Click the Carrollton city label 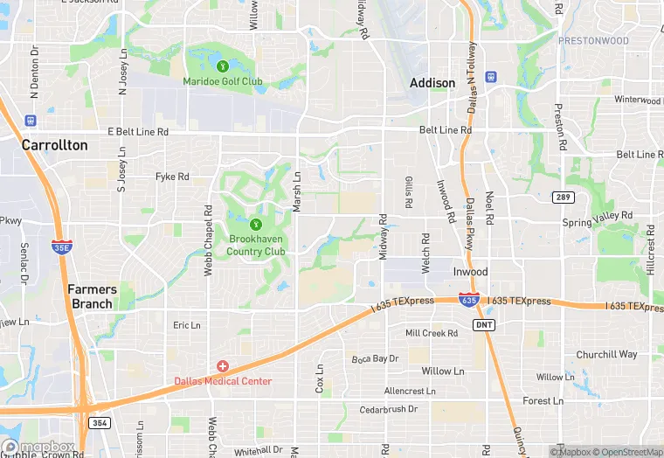point(54,145)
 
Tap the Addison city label point(432,83)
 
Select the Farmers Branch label point(93,296)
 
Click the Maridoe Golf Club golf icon point(222,66)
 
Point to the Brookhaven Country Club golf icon point(257,224)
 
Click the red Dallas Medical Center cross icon point(223,365)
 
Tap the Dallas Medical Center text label point(223,381)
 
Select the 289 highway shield point(564,198)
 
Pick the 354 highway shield point(101,423)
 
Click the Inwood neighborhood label point(470,272)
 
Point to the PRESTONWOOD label point(593,40)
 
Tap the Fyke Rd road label point(172,177)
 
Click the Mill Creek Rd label point(432,333)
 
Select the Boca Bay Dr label point(375,358)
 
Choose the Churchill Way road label point(606,355)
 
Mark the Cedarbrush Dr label point(389,409)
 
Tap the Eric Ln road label point(187,325)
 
